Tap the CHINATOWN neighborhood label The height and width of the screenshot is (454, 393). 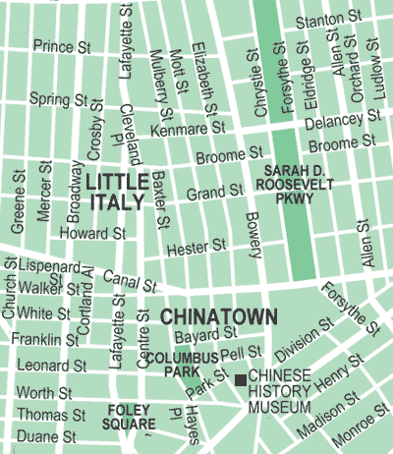coord(218,317)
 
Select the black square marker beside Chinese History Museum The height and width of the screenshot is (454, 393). coord(240,378)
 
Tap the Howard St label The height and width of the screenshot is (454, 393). coord(91,234)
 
